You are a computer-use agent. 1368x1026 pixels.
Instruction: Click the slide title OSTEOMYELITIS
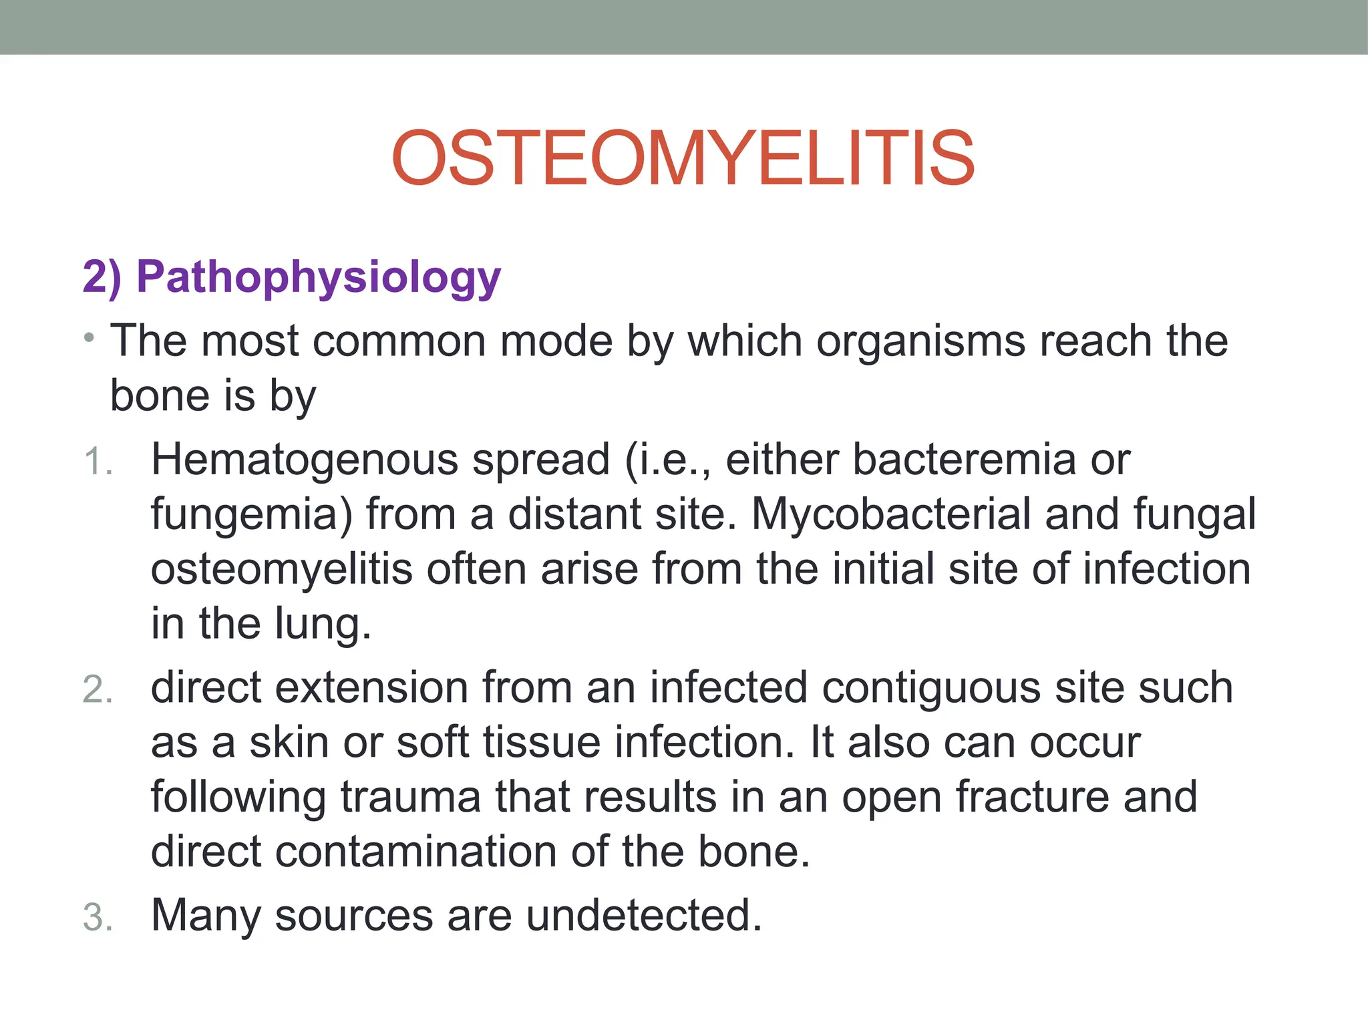pos(683,158)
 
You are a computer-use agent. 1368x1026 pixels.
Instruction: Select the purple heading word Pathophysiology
pos(319,277)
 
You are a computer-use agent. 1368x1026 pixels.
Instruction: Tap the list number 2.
pos(98,690)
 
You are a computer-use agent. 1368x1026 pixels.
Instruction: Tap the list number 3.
pos(98,917)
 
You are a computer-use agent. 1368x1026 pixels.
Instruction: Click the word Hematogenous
pos(304,461)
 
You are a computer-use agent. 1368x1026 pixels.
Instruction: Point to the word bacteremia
pos(965,460)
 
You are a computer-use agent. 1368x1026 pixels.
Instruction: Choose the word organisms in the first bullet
pos(920,341)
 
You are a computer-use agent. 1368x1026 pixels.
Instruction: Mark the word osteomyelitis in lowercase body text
pos(282,570)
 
